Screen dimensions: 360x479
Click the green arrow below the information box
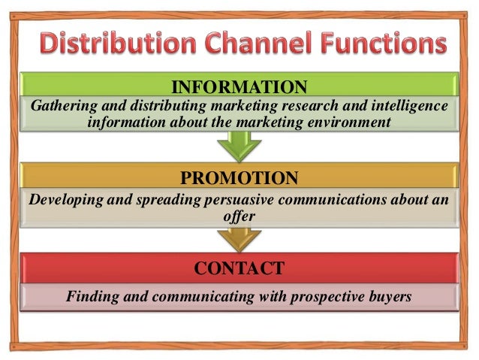pyautogui.click(x=239, y=144)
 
